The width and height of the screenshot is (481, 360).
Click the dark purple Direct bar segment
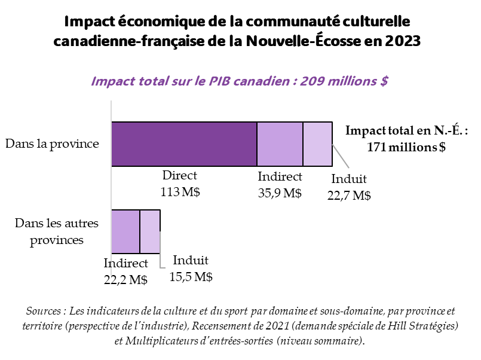tap(184, 144)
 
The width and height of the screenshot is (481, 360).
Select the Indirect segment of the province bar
tap(280, 144)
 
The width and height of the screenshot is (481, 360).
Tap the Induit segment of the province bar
tap(317, 144)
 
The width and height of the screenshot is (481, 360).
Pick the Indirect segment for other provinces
tap(125, 231)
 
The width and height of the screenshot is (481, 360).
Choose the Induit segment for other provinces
tap(150, 231)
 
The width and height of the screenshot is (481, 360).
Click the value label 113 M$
tap(180, 193)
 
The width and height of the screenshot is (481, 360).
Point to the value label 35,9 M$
tap(280, 193)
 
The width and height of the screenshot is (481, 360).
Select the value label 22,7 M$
tap(349, 195)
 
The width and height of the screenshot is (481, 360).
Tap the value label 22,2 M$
tap(125, 279)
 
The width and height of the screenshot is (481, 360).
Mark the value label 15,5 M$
tap(191, 277)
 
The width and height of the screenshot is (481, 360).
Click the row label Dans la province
tap(52, 144)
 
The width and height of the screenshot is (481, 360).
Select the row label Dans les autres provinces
tap(56, 231)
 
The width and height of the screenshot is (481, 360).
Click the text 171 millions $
tap(406, 147)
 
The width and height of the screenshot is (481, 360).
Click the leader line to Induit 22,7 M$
tap(340, 156)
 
